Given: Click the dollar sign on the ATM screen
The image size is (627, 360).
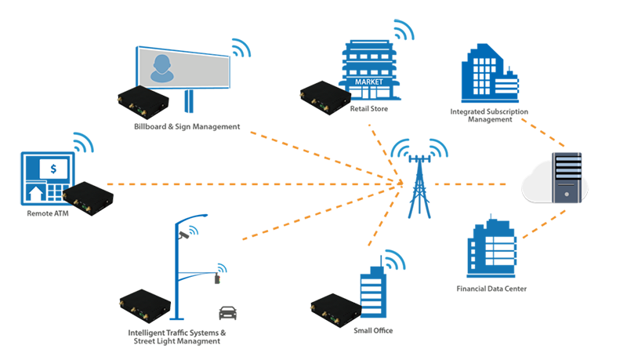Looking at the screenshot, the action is (53, 169).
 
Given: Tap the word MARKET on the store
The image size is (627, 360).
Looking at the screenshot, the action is (368, 82).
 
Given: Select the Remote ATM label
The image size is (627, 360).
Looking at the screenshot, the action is (48, 213).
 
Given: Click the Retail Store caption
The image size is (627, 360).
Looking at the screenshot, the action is (368, 109).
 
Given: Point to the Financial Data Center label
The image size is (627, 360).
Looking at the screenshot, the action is (491, 289).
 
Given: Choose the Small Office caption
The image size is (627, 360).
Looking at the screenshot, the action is (373, 331).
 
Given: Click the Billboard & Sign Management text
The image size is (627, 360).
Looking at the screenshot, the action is (187, 127).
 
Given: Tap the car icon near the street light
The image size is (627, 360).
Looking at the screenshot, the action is (227, 313).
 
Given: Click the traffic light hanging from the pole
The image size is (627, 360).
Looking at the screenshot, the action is (217, 278).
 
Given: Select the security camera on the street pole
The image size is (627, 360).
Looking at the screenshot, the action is (183, 235).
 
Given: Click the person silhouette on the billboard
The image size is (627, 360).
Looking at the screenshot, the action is (162, 69).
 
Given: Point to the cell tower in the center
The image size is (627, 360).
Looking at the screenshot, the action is (419, 186).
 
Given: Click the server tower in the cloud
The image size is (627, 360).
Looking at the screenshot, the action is (567, 177).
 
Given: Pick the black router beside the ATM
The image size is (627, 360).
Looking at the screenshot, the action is (88, 198).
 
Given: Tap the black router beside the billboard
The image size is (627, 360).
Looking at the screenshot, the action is (143, 103).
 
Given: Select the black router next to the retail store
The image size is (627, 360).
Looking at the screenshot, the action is (325, 98).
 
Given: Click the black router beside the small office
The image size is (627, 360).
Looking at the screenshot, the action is (336, 311).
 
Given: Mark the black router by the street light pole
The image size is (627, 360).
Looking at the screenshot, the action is (145, 306).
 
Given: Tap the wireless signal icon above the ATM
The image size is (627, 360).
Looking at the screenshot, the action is (83, 143).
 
